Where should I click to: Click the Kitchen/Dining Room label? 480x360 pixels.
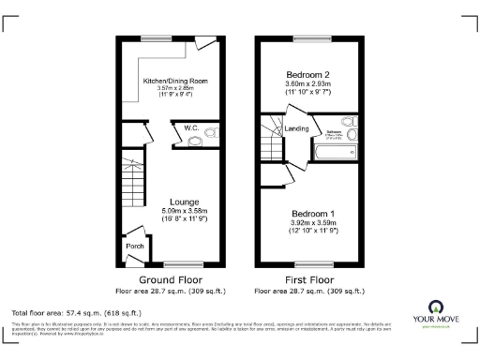[x=174, y=82]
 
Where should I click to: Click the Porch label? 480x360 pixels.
[x=134, y=247]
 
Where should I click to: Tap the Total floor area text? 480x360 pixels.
[x=75, y=312]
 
